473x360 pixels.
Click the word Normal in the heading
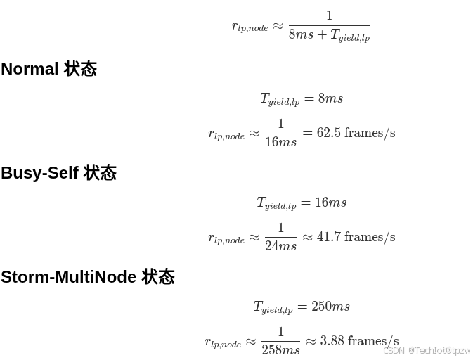(x=30, y=69)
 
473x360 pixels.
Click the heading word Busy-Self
(x=39, y=173)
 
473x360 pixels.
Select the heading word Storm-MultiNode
(x=68, y=277)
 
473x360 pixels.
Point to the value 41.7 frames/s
(x=356, y=237)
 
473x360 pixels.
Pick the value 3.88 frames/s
(x=359, y=341)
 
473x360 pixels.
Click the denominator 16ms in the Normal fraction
(x=280, y=142)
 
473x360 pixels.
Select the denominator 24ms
(x=280, y=246)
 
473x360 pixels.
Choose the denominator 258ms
(x=280, y=350)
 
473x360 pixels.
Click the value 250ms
(x=330, y=307)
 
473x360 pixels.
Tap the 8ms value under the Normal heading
(x=330, y=98)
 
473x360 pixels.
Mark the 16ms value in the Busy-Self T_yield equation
(x=330, y=202)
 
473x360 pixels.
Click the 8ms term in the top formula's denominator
(x=301, y=34)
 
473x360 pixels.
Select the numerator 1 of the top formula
(x=329, y=15)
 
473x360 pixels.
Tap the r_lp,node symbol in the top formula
(x=250, y=27)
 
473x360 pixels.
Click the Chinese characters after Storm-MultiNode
(x=158, y=277)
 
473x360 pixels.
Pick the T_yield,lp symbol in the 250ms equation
(x=273, y=307)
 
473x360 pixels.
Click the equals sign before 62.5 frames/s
(x=307, y=133)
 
